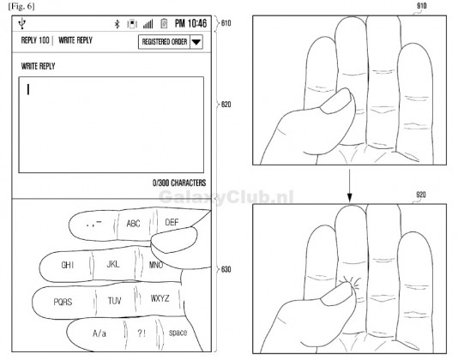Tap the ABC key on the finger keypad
tap(133, 223)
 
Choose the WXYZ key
tap(160, 299)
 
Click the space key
tap(178, 332)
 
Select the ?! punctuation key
tap(142, 332)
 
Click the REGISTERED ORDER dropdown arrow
tap(196, 41)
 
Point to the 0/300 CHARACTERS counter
tap(175, 183)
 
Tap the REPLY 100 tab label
tap(34, 40)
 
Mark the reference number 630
tap(226, 270)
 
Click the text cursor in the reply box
tap(29, 87)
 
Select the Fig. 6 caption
tap(18, 7)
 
